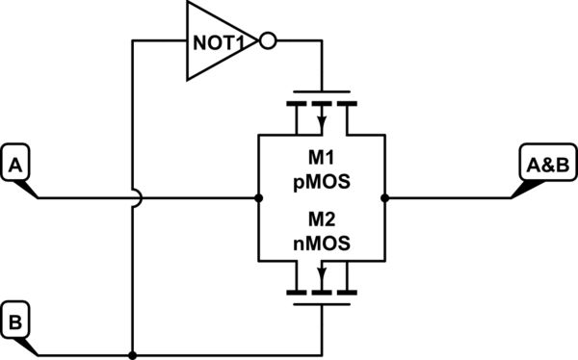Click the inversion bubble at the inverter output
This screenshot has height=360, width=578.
269,41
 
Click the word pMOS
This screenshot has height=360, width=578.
322,179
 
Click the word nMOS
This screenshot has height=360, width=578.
322,244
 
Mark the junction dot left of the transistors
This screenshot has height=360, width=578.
259,197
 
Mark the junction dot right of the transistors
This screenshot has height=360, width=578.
385,197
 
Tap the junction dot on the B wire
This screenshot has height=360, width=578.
131,351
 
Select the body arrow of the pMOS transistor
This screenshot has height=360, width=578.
322,120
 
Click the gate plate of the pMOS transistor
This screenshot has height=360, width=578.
322,91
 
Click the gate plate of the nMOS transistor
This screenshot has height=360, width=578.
322,303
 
